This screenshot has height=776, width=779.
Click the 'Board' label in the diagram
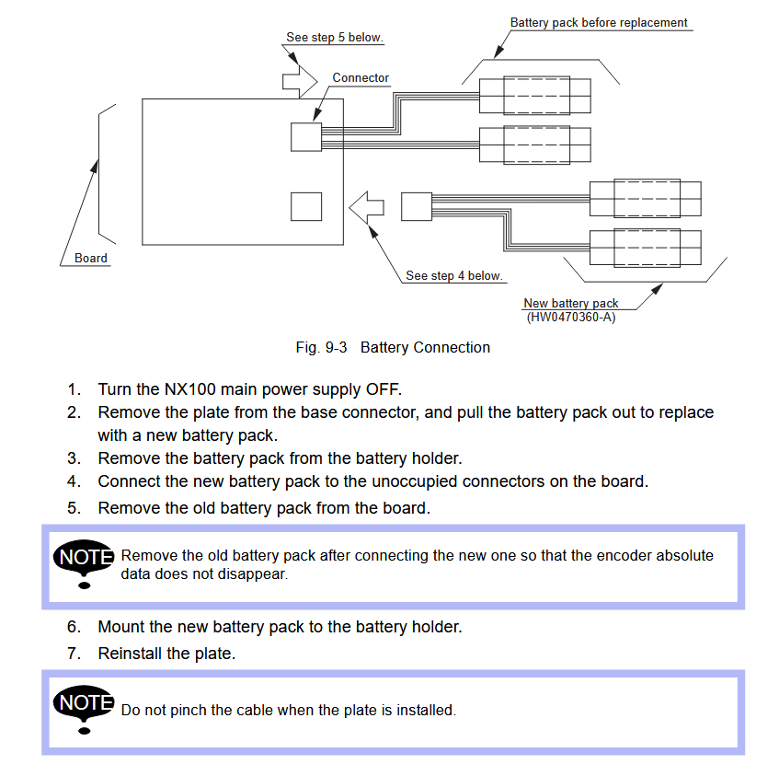pyautogui.click(x=91, y=258)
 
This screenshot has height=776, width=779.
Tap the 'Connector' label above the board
pyautogui.click(x=361, y=78)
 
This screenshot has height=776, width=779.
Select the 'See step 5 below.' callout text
pyautogui.click(x=335, y=38)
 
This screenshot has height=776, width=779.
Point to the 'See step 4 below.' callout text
pyautogui.click(x=454, y=275)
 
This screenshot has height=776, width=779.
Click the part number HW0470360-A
pyautogui.click(x=570, y=318)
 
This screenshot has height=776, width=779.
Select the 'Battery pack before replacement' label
pyautogui.click(x=599, y=22)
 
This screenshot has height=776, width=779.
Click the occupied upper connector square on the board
pyautogui.click(x=306, y=137)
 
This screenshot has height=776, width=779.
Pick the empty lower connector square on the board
pyautogui.click(x=306, y=206)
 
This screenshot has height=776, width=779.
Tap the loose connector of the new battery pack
pyautogui.click(x=416, y=206)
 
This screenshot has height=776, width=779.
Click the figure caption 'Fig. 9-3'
pyautogui.click(x=320, y=347)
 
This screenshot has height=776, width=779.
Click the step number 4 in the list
pyautogui.click(x=74, y=481)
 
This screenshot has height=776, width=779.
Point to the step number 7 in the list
pyautogui.click(x=74, y=654)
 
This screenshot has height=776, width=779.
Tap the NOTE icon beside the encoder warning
pyautogui.click(x=85, y=563)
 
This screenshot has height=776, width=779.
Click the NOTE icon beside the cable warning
pyautogui.click(x=85, y=710)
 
